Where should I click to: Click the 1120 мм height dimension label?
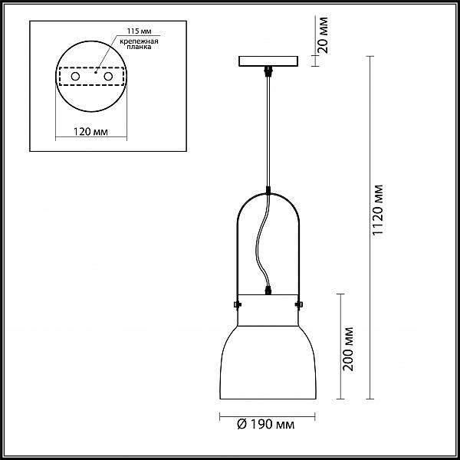pos(377,210)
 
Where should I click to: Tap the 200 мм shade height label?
pos(349,349)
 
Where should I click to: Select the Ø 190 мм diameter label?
pos(266,424)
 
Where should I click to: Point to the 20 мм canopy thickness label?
pos(323,35)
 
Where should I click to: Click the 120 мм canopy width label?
pos(90,131)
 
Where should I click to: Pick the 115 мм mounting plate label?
pos(139,31)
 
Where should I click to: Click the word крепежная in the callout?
pos(139,41)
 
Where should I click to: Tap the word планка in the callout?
pos(139,47)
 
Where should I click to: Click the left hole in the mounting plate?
pos(75,76)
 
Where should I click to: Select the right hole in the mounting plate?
pos(108,76)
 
